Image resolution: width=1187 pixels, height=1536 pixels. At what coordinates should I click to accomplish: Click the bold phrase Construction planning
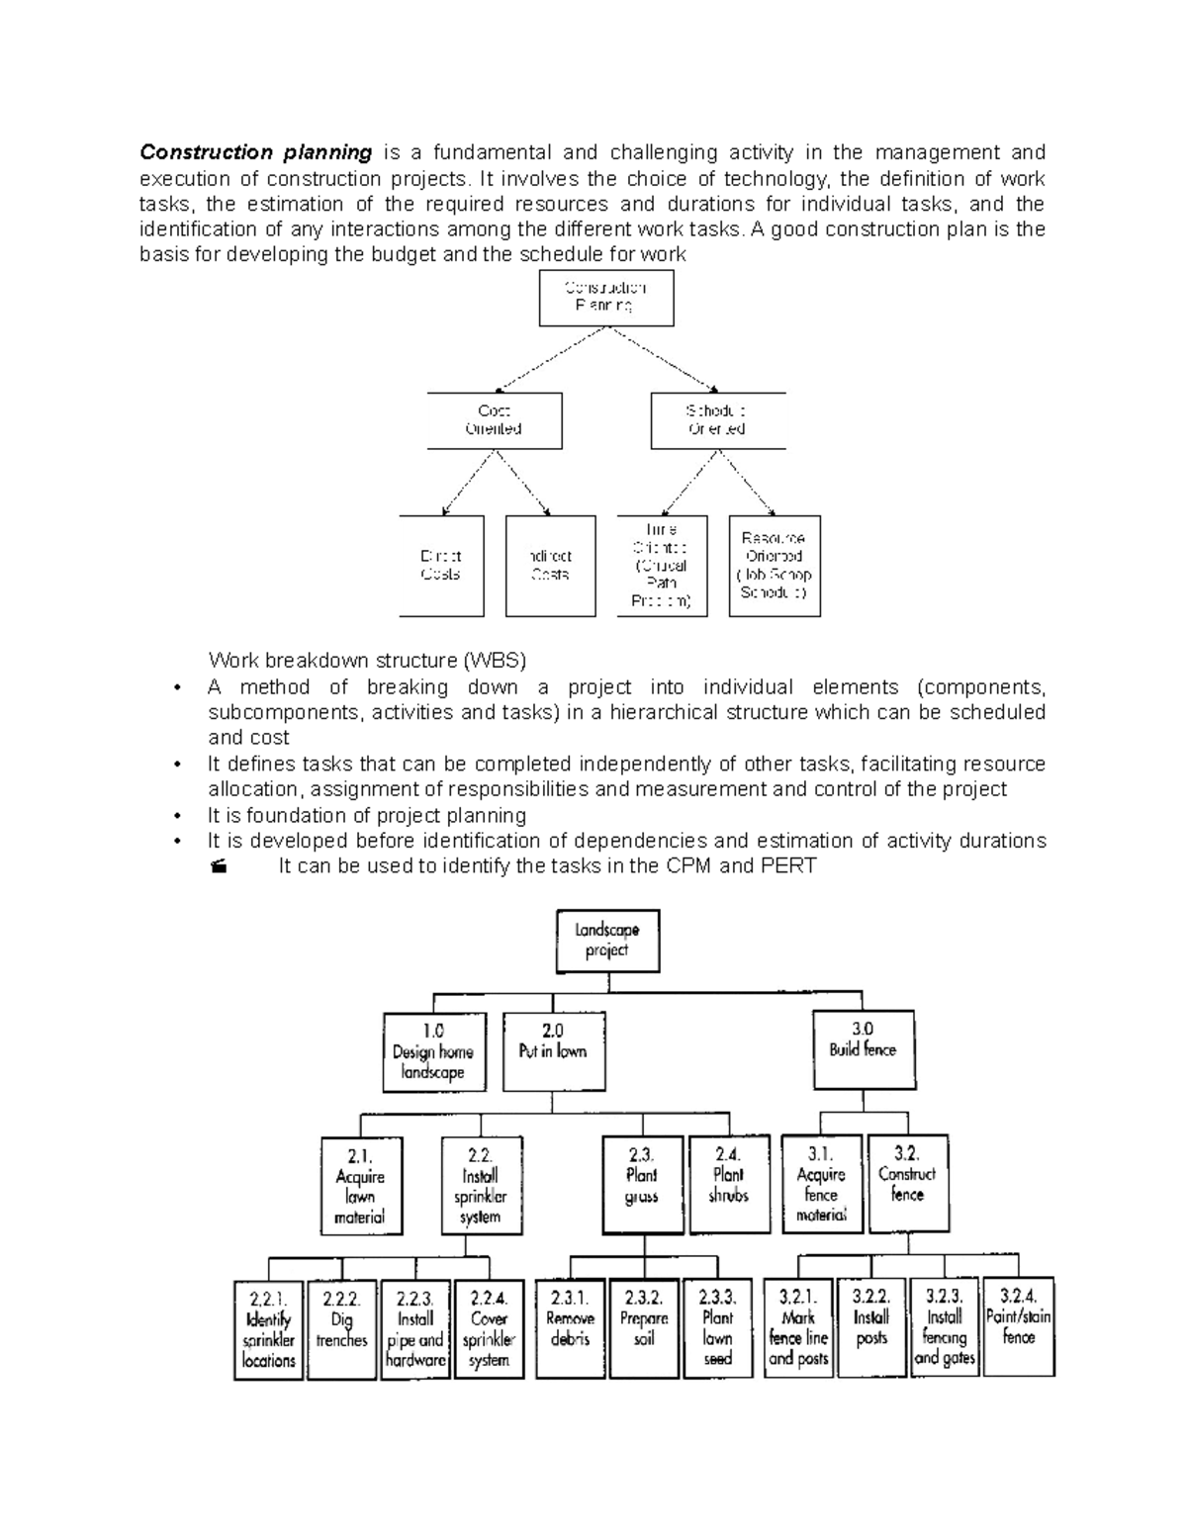[255, 152]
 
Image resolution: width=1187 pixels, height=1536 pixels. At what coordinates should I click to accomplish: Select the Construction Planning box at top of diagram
[605, 298]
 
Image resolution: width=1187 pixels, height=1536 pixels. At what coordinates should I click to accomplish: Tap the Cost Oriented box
[494, 420]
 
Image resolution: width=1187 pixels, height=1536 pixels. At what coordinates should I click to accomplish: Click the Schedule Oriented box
[717, 420]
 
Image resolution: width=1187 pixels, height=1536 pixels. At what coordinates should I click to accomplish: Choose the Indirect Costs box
[550, 566]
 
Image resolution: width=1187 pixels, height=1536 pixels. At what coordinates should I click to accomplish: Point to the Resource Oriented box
[775, 566]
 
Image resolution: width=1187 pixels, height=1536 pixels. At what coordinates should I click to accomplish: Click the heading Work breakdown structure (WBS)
[367, 661]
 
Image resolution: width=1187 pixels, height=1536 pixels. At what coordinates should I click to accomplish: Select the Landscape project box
[606, 941]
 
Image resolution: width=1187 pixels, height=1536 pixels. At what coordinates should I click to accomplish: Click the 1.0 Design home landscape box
[433, 1051]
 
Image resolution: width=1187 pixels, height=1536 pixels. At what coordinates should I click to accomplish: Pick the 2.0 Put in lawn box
[552, 1050]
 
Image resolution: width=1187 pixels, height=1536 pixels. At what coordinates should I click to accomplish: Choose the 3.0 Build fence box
[863, 1049]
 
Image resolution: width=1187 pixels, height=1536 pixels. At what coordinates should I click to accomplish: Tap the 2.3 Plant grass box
[642, 1185]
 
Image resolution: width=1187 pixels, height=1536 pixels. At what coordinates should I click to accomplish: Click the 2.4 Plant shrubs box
[729, 1184]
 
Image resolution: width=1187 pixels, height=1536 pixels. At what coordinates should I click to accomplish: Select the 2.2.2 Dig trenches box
[341, 1329]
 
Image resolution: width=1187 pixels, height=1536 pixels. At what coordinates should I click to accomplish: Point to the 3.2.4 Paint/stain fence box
[1018, 1327]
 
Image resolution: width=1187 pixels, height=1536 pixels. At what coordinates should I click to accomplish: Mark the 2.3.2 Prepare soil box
[644, 1328]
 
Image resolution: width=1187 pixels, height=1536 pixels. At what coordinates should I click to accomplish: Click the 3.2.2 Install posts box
[871, 1327]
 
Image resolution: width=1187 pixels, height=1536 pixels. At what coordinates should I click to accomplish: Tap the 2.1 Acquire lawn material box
[360, 1185]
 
